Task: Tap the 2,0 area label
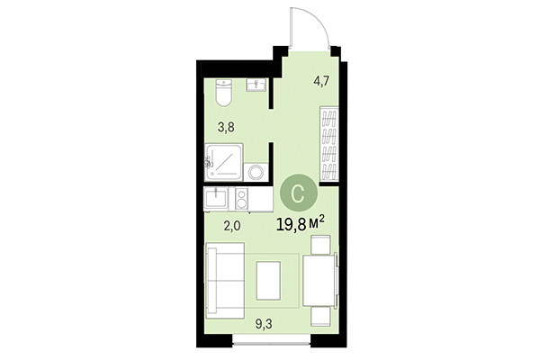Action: click(232, 227)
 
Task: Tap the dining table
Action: click(319, 280)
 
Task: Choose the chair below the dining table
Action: click(319, 314)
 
